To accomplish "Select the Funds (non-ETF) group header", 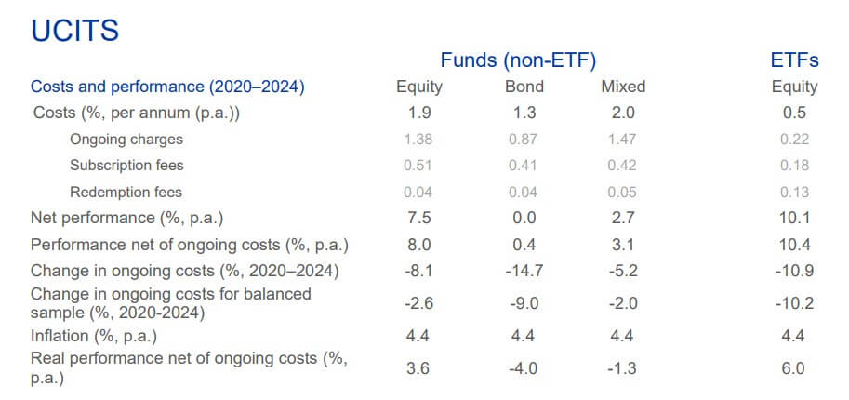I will [518, 61].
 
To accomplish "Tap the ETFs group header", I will [793, 61].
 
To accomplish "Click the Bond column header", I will [524, 87].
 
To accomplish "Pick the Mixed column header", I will [623, 87].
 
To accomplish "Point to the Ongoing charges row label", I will [126, 140].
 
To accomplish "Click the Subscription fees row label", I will [126, 166].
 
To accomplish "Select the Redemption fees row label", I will [126, 192].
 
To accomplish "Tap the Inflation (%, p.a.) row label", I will [94, 335].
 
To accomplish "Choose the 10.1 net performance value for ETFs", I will [794, 218].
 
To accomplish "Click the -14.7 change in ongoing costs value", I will [524, 271].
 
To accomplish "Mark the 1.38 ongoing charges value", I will [419, 140].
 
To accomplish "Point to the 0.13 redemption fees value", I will [794, 192].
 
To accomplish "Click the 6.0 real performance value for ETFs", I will [794, 367].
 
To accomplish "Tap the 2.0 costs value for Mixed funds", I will [623, 113].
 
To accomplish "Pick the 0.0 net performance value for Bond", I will [524, 218].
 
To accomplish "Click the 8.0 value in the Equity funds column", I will [419, 245].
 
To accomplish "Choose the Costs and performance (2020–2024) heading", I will [168, 87].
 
